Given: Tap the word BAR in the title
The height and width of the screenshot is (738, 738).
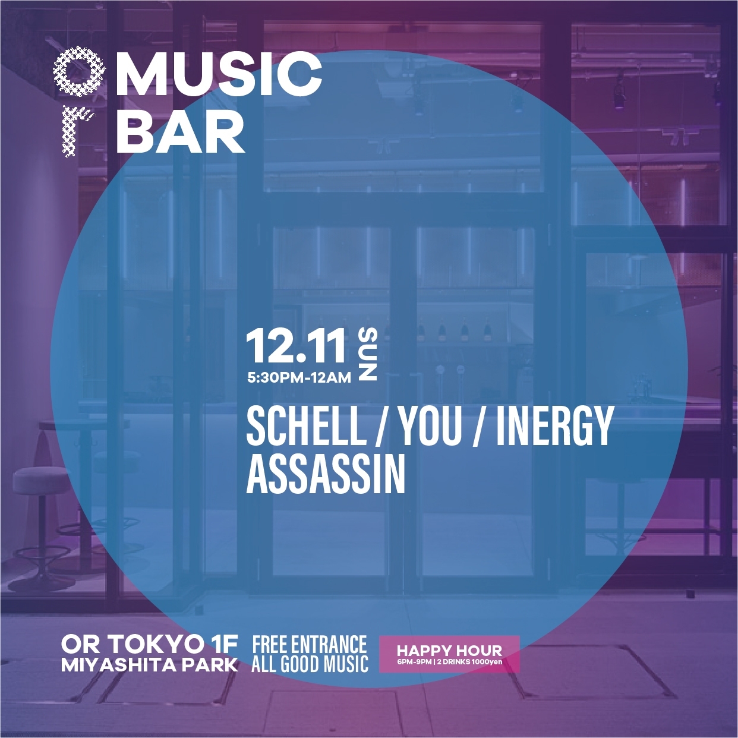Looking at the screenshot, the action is [x=180, y=131].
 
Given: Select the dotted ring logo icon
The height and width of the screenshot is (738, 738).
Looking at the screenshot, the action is [x=76, y=72].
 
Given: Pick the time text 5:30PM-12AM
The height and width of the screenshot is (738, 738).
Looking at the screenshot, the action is [x=299, y=379].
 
